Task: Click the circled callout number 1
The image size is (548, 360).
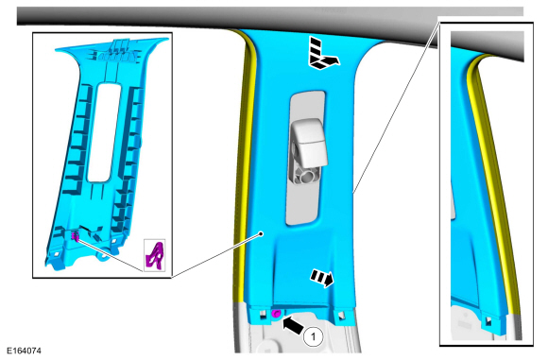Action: [x=313, y=336]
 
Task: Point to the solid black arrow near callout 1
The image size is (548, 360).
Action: [x=293, y=326]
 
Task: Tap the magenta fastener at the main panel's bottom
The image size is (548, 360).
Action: [x=277, y=313]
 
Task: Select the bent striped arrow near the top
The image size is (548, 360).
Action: [x=321, y=54]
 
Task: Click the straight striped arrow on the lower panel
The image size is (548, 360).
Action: [x=322, y=278]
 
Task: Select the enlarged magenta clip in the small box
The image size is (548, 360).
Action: [x=154, y=256]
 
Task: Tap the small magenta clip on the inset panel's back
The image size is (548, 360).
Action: [x=75, y=236]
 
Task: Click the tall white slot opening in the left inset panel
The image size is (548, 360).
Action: [x=103, y=133]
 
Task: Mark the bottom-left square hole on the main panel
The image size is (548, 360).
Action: [x=263, y=315]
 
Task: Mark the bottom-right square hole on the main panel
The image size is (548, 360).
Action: [x=341, y=316]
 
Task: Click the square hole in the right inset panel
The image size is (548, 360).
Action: [x=488, y=319]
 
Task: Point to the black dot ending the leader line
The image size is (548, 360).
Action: [x=261, y=233]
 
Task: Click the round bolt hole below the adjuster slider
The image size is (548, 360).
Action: [x=306, y=175]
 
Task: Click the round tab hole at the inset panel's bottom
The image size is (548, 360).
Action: [x=105, y=255]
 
